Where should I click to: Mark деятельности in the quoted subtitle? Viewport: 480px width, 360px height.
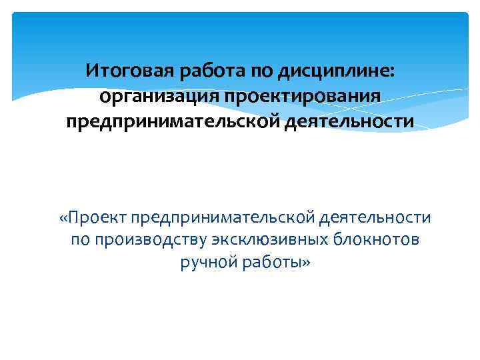[376, 217]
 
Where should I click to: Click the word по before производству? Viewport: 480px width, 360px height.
[82, 240]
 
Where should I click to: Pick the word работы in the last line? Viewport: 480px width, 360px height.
[270, 263]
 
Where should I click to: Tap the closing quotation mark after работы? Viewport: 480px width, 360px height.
[307, 263]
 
